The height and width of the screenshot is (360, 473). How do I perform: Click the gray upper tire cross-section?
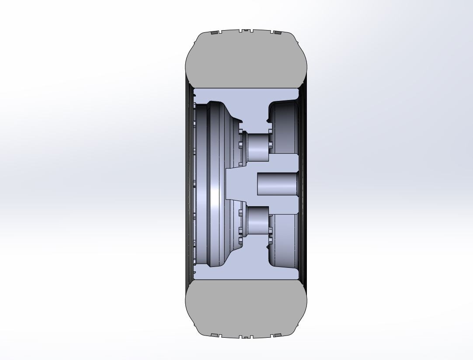[246, 59]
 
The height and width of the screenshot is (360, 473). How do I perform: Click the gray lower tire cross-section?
[246, 308]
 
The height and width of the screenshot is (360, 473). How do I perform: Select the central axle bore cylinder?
[278, 183]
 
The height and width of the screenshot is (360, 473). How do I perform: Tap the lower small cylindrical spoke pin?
[258, 221]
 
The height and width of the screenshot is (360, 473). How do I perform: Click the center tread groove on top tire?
[246, 30]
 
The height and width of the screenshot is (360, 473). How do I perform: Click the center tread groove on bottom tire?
[246, 337]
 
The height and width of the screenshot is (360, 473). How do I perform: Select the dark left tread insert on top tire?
[214, 32]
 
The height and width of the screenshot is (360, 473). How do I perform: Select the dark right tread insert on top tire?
[276, 32]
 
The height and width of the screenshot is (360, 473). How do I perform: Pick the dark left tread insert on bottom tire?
[214, 336]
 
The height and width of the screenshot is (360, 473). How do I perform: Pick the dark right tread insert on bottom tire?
[276, 336]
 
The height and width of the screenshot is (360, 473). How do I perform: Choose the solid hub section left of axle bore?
[240, 183]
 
